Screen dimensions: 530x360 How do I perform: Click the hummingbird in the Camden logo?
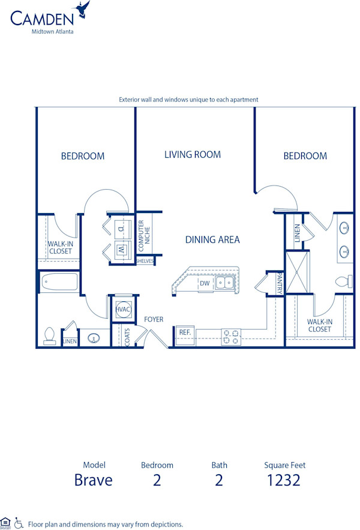click(x=82, y=8)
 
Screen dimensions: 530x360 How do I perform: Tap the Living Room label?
click(x=193, y=154)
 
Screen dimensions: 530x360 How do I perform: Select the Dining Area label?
click(x=212, y=239)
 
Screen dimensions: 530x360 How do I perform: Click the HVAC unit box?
click(x=122, y=309)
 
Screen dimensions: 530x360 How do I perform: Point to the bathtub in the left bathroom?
click(x=59, y=282)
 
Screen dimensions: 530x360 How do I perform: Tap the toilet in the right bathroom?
click(x=344, y=281)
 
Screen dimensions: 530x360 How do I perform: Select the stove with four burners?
click(x=231, y=337)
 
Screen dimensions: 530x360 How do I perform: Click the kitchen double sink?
click(x=225, y=282)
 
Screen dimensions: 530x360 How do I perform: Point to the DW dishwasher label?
click(x=204, y=283)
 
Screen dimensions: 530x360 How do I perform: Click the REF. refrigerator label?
click(x=185, y=332)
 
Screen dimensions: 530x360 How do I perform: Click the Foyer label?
click(x=154, y=319)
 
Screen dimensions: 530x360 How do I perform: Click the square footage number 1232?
click(x=284, y=480)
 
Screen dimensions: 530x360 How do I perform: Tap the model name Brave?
click(x=94, y=480)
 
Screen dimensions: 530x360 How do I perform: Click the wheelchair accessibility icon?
click(x=19, y=523)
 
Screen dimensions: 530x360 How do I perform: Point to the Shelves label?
click(x=145, y=261)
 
